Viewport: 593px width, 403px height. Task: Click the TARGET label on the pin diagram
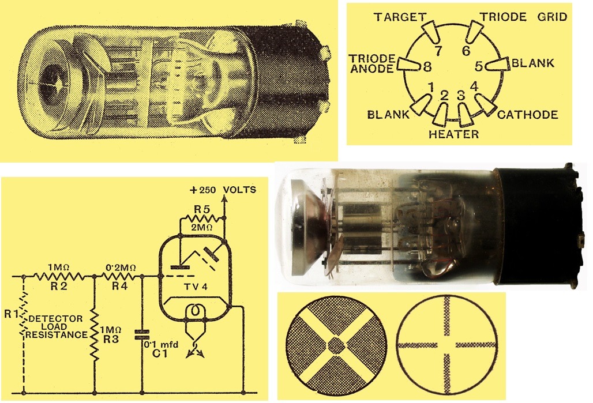point(400,17)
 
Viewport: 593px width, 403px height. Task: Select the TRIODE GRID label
point(523,17)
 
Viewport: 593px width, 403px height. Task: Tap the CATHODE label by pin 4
point(528,115)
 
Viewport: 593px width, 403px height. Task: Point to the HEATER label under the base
point(454,134)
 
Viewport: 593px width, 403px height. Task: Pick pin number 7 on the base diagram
point(438,51)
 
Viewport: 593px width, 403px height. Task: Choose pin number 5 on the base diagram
point(479,66)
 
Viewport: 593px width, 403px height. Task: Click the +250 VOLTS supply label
point(223,190)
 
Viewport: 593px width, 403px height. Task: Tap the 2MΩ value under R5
point(201,228)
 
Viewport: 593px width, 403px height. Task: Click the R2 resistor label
point(59,286)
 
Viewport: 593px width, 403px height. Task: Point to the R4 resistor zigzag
point(119,276)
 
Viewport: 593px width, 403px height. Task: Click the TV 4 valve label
point(196,287)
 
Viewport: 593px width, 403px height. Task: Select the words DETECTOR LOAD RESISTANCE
point(56,327)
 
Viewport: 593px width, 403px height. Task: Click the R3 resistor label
point(111,339)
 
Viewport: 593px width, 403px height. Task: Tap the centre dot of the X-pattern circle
point(336,345)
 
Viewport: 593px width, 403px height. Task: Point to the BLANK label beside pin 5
point(533,63)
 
